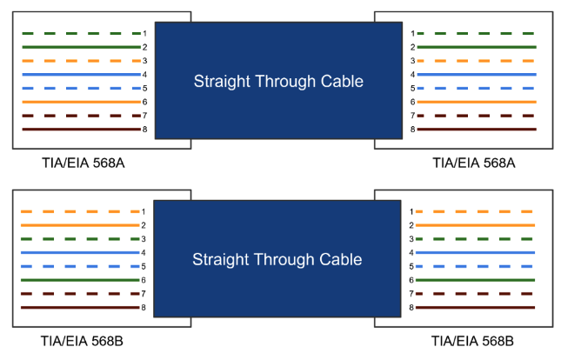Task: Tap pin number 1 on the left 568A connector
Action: pos(144,33)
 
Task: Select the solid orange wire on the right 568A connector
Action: pos(478,102)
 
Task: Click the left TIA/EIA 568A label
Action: pos(82,162)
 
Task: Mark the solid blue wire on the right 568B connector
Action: pos(478,252)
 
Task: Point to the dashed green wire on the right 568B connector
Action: pos(478,238)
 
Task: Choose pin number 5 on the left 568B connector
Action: pos(144,266)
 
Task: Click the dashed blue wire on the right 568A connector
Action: pos(478,89)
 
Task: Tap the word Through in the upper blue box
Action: pos(281,83)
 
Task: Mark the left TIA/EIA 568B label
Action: pos(82,339)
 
